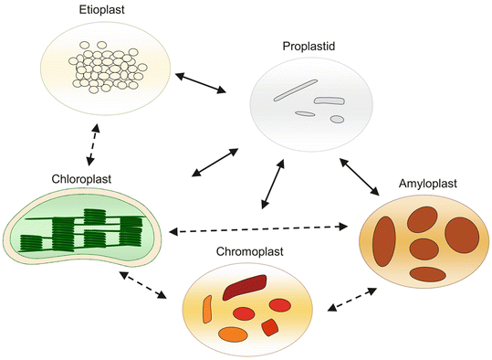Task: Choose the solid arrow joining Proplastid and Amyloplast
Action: point(360,176)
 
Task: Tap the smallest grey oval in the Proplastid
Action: point(337,119)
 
